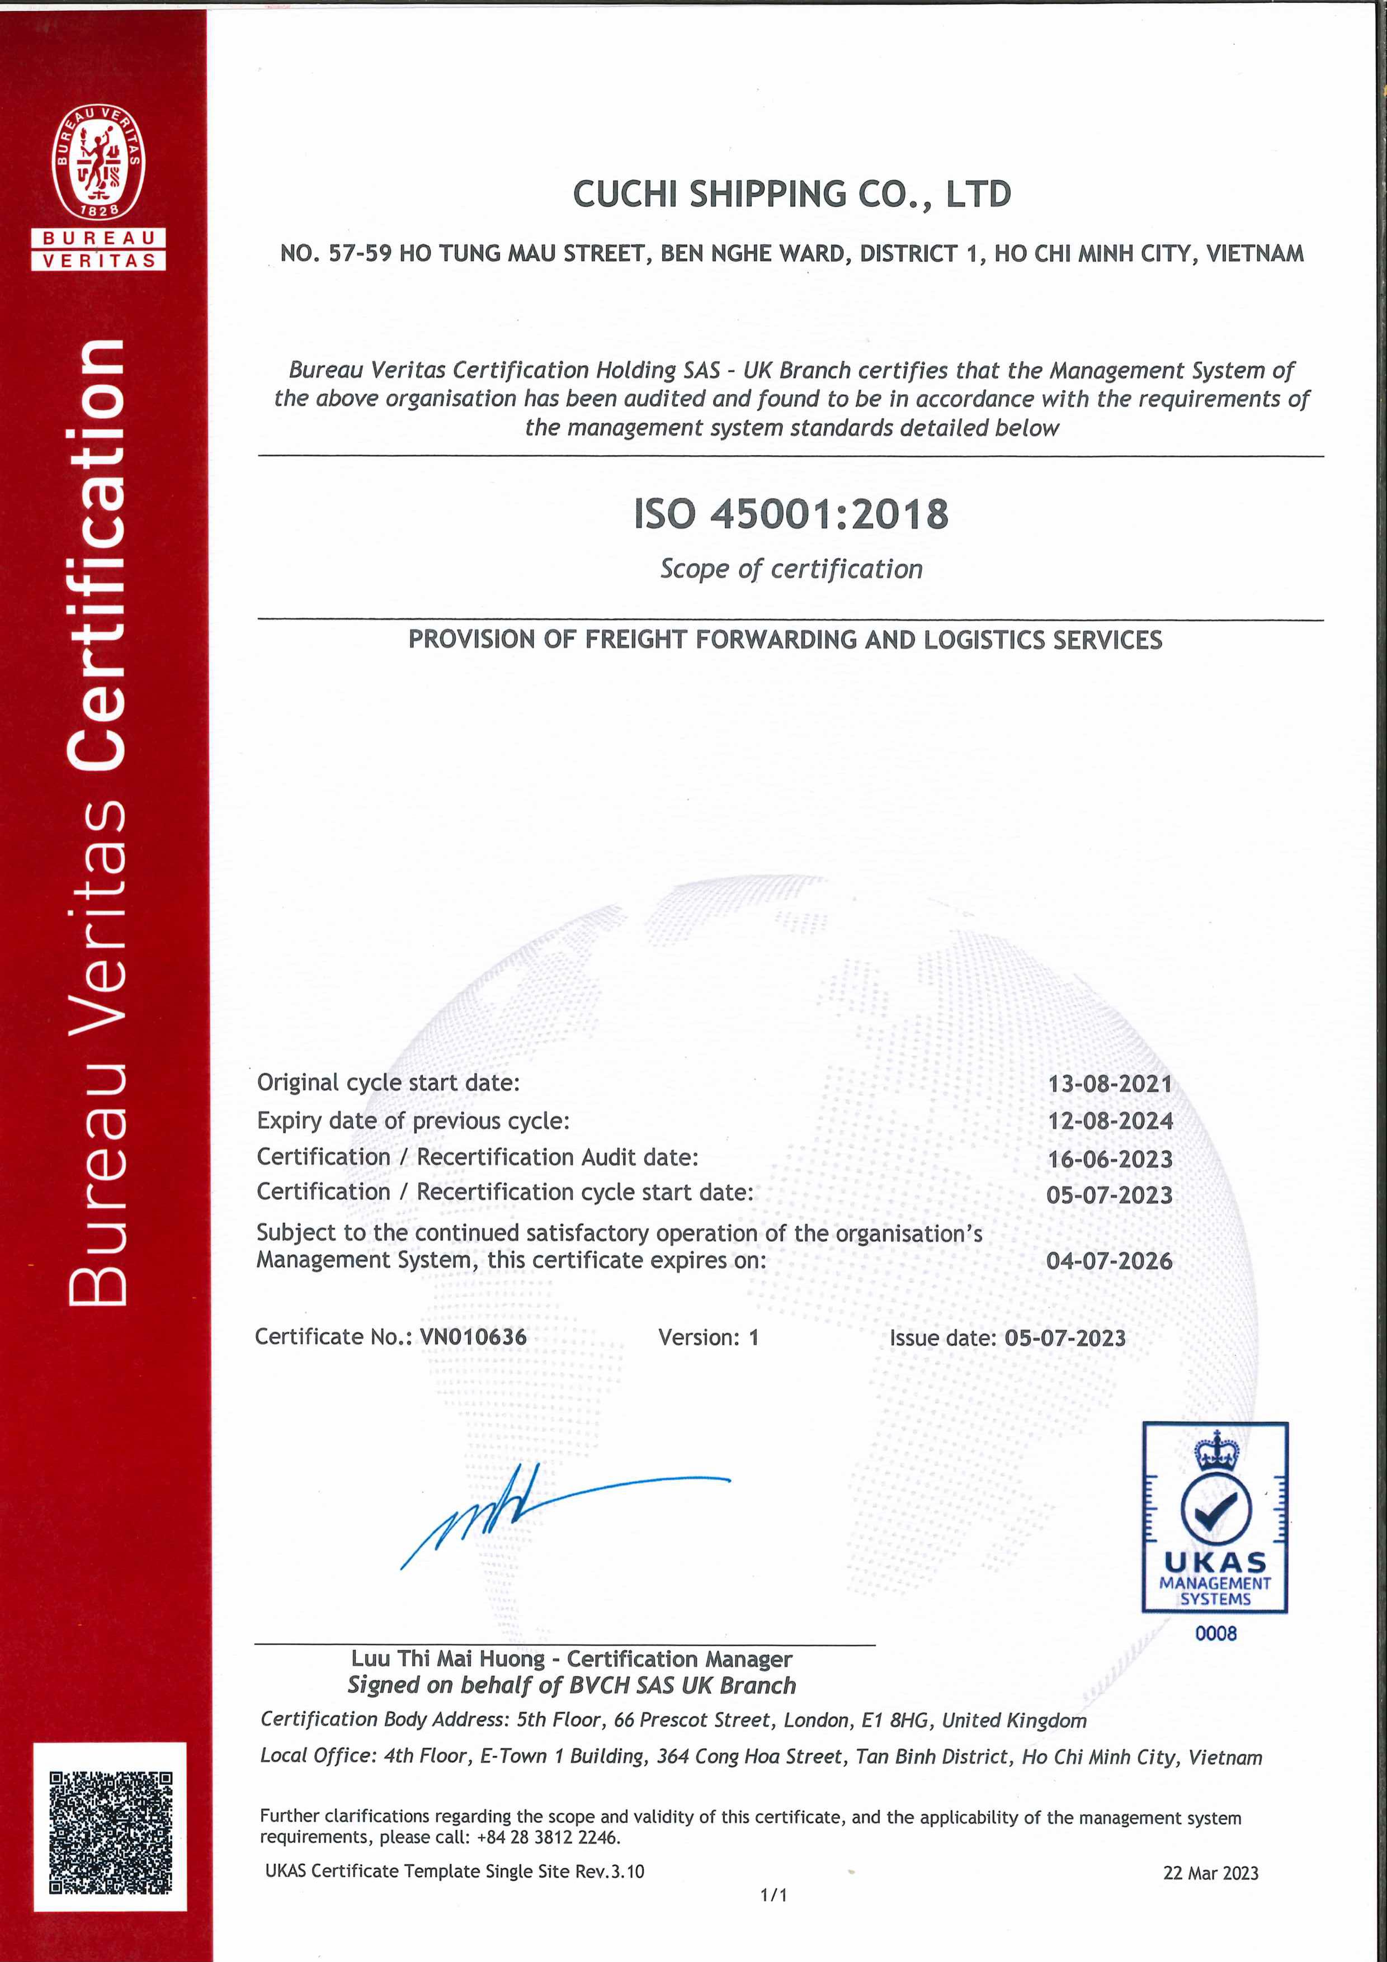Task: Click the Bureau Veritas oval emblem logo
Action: (x=98, y=162)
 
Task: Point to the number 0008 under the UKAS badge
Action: (x=1215, y=1634)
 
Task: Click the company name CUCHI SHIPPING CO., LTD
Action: (x=791, y=195)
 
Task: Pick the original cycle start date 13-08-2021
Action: (x=1110, y=1084)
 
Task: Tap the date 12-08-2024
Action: (x=1110, y=1121)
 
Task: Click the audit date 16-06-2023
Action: (x=1110, y=1159)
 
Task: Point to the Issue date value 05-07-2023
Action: (x=1065, y=1338)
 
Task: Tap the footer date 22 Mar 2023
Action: (x=1210, y=1873)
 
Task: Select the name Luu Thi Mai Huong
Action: (x=448, y=1658)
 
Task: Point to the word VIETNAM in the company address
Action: (x=1254, y=254)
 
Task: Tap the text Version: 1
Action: (x=709, y=1337)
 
